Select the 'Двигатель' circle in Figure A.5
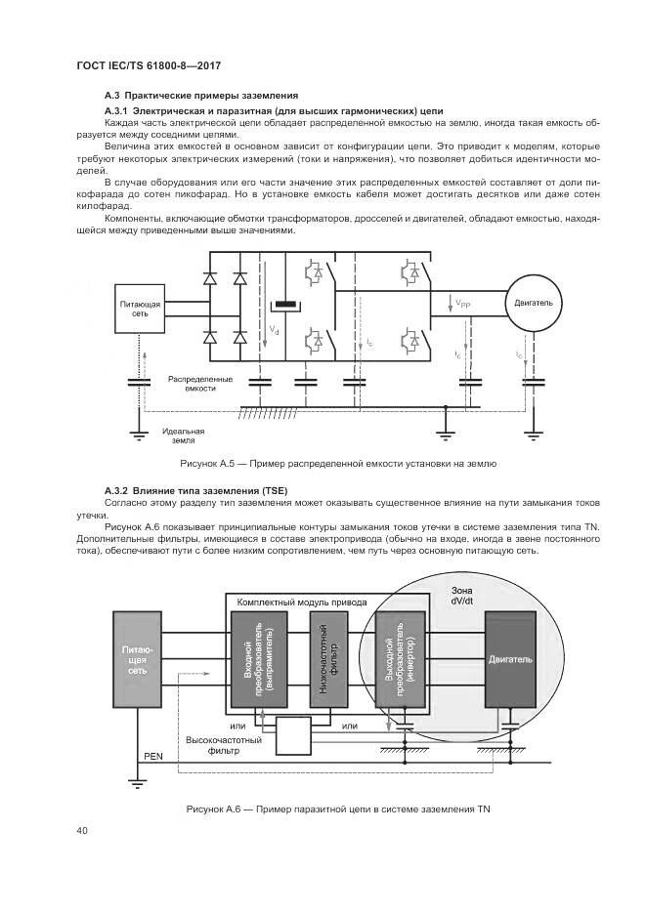point(533,304)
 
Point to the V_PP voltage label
point(460,305)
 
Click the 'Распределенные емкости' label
point(199,383)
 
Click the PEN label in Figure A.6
point(153,756)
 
